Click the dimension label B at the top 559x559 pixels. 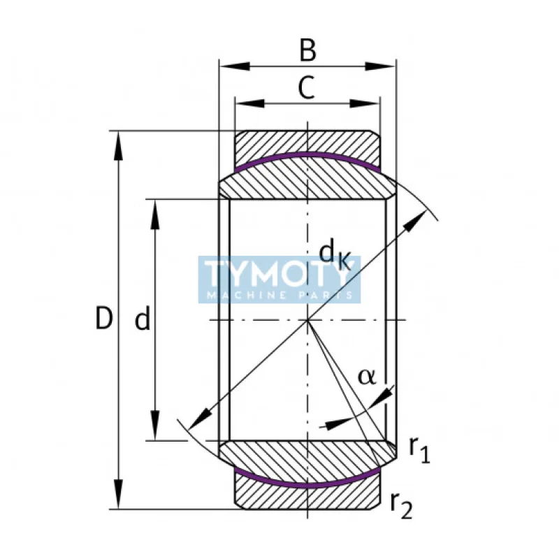307,50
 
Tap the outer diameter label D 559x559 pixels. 103,320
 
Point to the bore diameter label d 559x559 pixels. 143,320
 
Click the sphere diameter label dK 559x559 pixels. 334,253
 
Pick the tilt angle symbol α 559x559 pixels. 367,377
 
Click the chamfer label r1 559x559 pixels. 419,451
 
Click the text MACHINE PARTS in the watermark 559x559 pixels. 279,296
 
